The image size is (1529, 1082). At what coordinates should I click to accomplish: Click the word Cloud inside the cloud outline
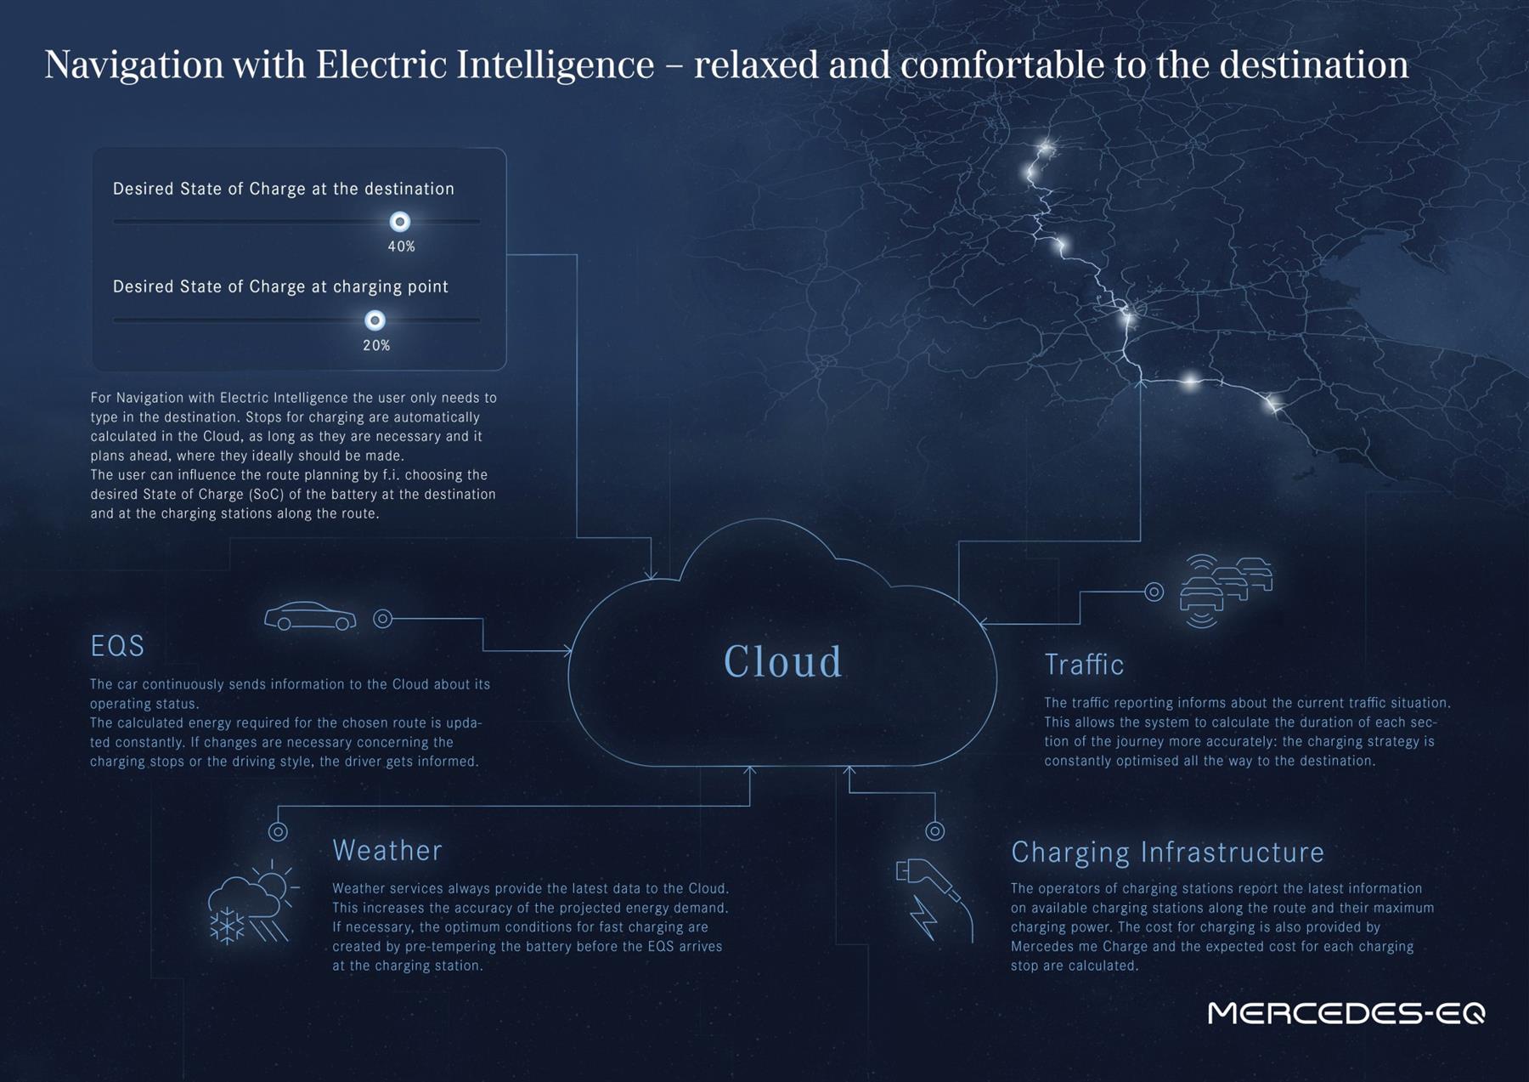point(782,661)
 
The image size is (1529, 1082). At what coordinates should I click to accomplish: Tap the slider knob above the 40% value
point(399,222)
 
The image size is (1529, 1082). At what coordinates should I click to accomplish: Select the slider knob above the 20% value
point(375,320)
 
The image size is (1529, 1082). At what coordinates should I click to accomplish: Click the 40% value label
point(401,246)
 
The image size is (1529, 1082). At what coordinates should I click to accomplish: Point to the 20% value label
point(376,345)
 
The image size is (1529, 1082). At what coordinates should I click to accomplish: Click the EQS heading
point(117,646)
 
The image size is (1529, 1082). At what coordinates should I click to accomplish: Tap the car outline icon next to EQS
point(310,616)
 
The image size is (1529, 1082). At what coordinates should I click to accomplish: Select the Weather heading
point(387,850)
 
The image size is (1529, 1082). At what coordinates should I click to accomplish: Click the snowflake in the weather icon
point(227,926)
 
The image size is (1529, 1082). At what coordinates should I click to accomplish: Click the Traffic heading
point(1084,664)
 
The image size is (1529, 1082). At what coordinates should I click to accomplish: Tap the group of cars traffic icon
point(1226,591)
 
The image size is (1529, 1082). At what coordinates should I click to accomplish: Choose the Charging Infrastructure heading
point(1167,852)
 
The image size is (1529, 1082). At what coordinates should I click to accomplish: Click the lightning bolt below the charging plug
point(923,917)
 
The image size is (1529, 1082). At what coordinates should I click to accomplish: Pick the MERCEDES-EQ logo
point(1346,1012)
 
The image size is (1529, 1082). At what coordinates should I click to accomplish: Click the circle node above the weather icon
point(278,831)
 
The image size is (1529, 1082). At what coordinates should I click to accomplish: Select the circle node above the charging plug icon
point(934,830)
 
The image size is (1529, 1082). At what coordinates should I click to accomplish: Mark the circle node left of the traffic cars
point(1154,592)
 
